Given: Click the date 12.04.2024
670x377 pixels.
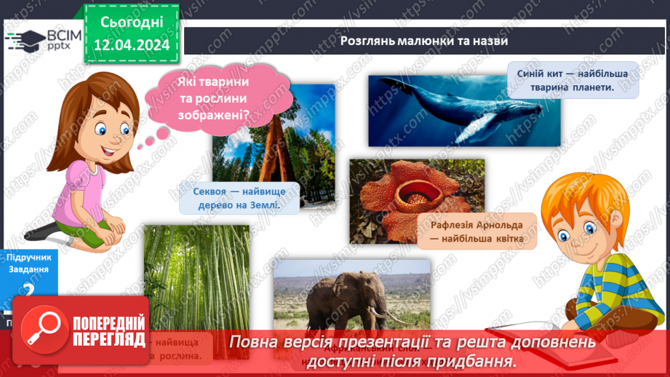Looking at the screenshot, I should point(132,45).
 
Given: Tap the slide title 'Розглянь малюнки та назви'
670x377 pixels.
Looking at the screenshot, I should point(423,41).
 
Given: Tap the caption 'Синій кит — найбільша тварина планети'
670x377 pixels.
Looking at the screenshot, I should point(573,79).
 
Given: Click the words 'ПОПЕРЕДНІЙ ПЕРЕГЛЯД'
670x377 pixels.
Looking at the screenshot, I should point(108,331).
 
